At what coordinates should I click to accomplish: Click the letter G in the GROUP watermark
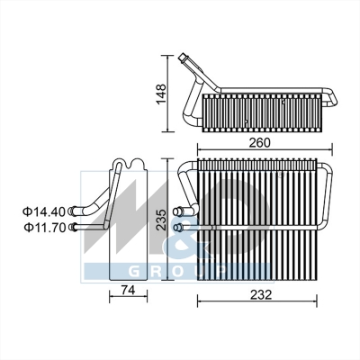136,271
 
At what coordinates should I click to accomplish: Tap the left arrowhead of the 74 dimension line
111,302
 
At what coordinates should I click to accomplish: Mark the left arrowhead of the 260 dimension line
197,148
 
